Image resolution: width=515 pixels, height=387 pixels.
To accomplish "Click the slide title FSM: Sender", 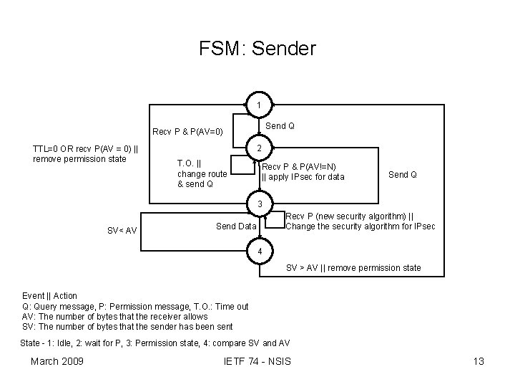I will [x=257, y=49].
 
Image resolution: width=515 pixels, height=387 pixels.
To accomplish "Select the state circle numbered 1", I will [x=258, y=106].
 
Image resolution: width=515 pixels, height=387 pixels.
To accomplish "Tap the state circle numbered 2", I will [x=258, y=148].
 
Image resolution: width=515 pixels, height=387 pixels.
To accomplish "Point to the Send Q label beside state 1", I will [x=280, y=126].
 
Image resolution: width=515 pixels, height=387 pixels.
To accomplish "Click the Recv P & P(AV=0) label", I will [x=188, y=132].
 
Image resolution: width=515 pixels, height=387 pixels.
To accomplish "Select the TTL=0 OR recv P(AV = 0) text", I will [x=86, y=149].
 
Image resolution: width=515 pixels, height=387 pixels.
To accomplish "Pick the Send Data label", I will [x=235, y=226].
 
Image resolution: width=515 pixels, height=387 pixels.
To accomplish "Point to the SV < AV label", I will [x=122, y=230].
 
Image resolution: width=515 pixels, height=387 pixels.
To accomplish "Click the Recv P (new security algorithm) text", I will [x=349, y=216].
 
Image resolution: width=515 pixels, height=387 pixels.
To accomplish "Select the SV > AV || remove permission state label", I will [x=353, y=268].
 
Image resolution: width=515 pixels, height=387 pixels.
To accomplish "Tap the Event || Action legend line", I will [x=50, y=295].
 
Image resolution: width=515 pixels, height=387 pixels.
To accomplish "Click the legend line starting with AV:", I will [x=115, y=316].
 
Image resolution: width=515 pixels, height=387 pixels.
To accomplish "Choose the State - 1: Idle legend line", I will [x=154, y=343].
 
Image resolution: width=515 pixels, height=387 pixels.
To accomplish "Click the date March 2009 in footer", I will [x=57, y=361].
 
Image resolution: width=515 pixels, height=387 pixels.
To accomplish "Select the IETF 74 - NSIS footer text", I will [x=257, y=361].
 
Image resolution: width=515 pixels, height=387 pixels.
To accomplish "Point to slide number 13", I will [x=479, y=361].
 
